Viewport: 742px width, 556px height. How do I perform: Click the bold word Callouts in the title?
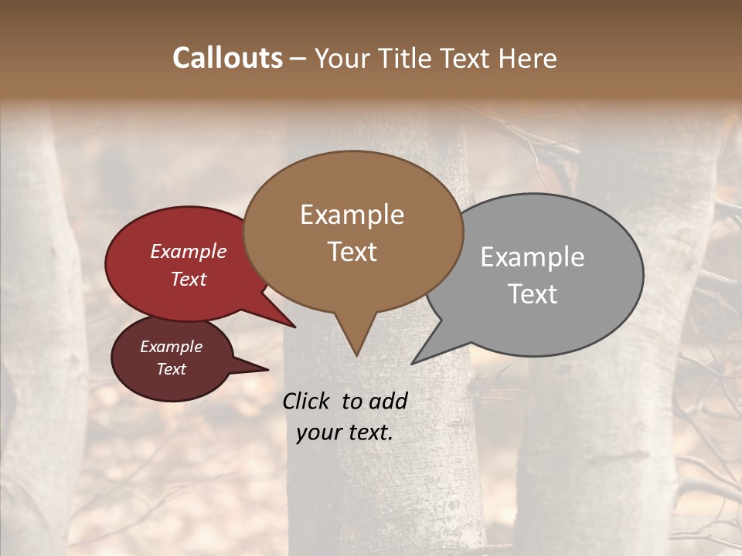coord(227,58)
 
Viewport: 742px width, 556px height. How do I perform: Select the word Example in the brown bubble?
coord(352,215)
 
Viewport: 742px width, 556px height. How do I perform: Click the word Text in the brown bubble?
coord(352,252)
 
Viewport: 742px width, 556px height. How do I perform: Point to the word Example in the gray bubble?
coord(533,257)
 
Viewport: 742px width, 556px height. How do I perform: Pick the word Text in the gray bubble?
coord(533,294)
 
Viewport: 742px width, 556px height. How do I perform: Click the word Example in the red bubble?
coord(188,251)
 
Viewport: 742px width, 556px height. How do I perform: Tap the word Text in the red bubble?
coord(188,279)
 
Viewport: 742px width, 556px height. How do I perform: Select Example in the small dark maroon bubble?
coord(171,347)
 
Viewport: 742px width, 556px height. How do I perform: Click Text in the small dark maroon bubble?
coord(171,369)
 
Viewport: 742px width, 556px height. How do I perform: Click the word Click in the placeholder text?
coord(307,401)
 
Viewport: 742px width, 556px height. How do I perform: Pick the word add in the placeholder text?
coord(388,401)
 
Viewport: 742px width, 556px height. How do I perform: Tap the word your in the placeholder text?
coord(318,432)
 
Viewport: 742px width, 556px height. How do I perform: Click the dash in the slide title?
coord(299,59)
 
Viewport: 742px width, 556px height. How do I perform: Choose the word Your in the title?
coord(341,58)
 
